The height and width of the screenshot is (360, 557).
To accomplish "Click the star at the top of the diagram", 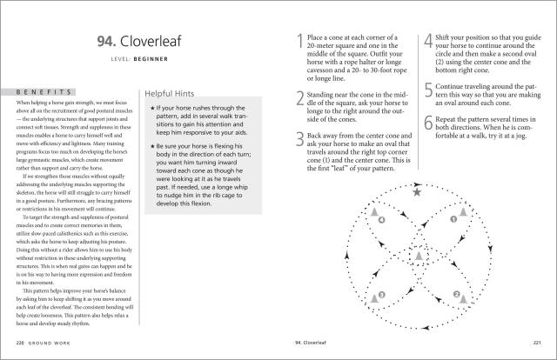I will [x=417, y=193].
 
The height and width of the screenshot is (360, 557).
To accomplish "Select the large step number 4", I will [x=427, y=42].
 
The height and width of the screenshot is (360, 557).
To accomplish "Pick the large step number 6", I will [x=427, y=123].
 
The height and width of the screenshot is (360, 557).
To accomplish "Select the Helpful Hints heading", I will [x=174, y=91].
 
